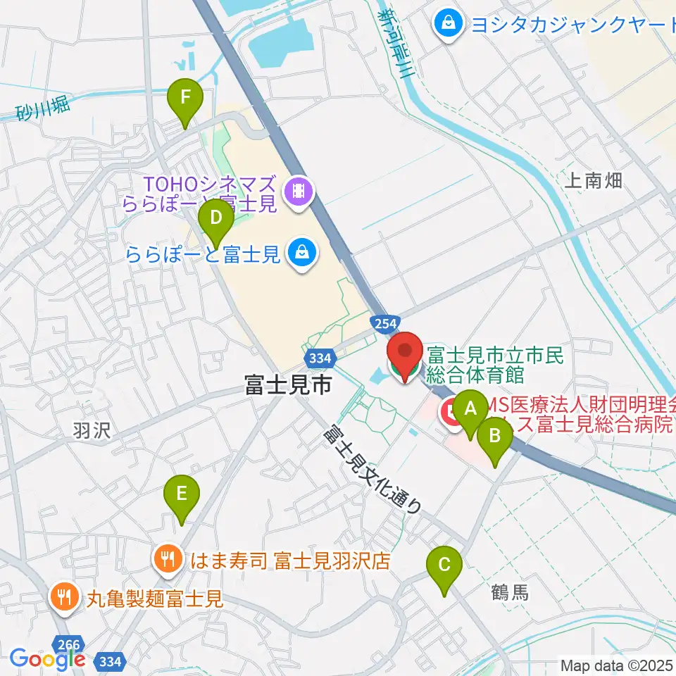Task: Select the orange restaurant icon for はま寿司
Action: pyautogui.click(x=167, y=560)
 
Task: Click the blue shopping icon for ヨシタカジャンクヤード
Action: pyautogui.click(x=448, y=24)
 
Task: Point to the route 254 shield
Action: pyautogui.click(x=384, y=321)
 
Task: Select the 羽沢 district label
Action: pyautogui.click(x=92, y=430)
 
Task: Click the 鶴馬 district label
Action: pyautogui.click(x=509, y=592)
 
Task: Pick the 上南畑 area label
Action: pyautogui.click(x=594, y=180)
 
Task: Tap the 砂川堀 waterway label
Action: pyautogui.click(x=42, y=107)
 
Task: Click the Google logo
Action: pyautogui.click(x=48, y=659)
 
